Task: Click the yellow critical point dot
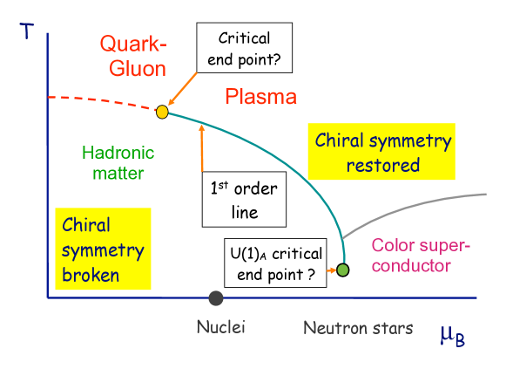pyautogui.click(x=162, y=112)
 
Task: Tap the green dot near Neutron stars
pyautogui.click(x=343, y=270)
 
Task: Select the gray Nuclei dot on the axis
pyautogui.click(x=216, y=298)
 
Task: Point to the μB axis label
pyautogui.click(x=451, y=333)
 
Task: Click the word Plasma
pyautogui.click(x=260, y=97)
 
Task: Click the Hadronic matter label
pyautogui.click(x=118, y=162)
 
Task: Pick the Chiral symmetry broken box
pyautogui.click(x=103, y=250)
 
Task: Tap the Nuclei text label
pyautogui.click(x=220, y=328)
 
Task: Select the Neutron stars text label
pyautogui.click(x=358, y=328)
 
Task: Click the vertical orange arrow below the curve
pyautogui.click(x=202, y=148)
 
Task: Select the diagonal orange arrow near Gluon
pyautogui.click(x=183, y=91)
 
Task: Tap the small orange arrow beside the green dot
pyautogui.click(x=331, y=270)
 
